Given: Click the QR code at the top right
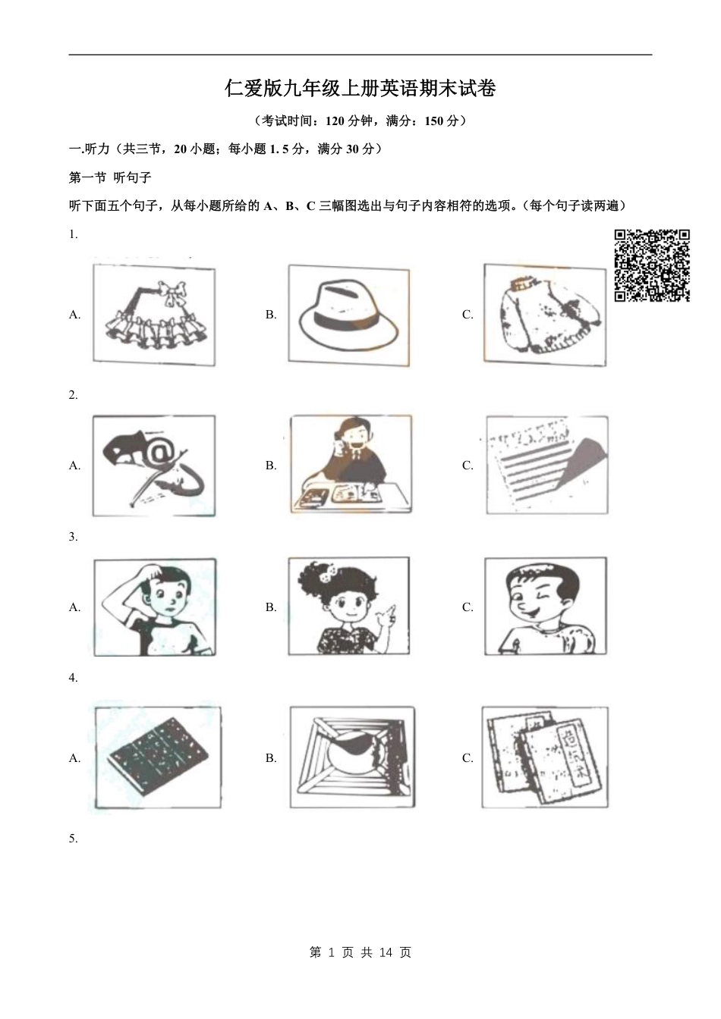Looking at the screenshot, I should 651,265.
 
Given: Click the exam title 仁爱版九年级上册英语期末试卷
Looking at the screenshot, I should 360,89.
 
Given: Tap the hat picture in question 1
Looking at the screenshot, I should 348,315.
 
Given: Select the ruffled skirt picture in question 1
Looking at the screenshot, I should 154,315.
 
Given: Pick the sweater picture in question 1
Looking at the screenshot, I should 546,315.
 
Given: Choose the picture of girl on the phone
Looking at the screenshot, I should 350,465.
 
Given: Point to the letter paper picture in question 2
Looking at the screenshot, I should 546,465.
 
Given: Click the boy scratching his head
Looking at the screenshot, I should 154,607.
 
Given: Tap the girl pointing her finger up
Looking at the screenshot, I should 348,607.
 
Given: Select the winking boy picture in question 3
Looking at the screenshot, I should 546,607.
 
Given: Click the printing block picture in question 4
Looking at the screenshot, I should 158,758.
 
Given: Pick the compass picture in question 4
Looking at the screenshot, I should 352,758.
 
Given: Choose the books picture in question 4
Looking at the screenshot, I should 544,758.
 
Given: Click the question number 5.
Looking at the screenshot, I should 73,838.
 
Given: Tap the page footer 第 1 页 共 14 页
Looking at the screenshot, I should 360,952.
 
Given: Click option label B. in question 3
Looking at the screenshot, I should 271,607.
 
